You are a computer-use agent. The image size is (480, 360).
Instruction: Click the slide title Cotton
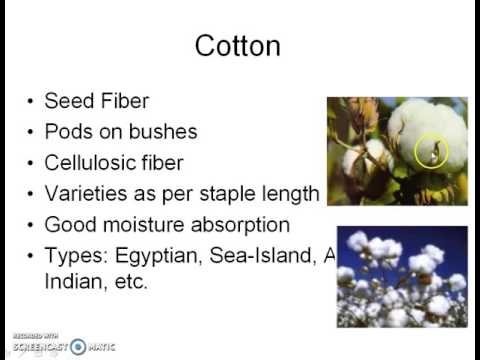point(237,46)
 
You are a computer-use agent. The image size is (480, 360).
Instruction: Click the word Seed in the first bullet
point(67,100)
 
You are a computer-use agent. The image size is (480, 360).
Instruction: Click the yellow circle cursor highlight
point(432,152)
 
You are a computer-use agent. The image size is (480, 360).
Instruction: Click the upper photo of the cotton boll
point(397,151)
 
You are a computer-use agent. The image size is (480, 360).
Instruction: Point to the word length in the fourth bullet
point(294,193)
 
